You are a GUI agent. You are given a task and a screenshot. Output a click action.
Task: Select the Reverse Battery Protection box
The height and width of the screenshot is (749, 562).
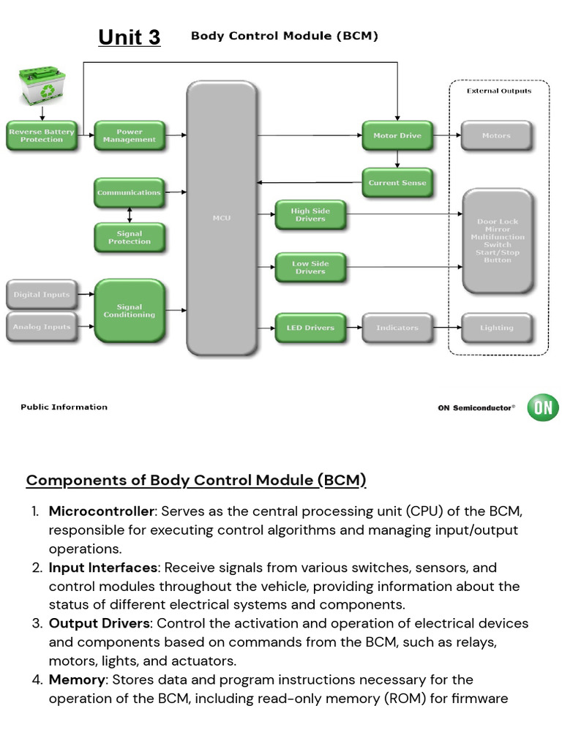pyautogui.click(x=42, y=135)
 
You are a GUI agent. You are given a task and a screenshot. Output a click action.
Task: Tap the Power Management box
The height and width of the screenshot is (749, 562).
pyautogui.click(x=130, y=135)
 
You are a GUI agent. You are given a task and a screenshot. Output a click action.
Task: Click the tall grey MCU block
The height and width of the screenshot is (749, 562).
pyautogui.click(x=222, y=217)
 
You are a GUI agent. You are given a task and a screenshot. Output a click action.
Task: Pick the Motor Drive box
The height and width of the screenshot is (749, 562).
pyautogui.click(x=397, y=135)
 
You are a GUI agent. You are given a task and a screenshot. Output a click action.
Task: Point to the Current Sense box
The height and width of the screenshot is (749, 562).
pyautogui.click(x=397, y=182)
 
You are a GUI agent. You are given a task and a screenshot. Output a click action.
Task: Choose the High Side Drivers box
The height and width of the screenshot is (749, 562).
pyautogui.click(x=310, y=214)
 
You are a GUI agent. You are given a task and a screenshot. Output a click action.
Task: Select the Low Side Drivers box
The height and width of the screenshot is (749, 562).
pyautogui.click(x=310, y=267)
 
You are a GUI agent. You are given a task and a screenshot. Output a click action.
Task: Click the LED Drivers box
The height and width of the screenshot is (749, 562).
pyautogui.click(x=310, y=328)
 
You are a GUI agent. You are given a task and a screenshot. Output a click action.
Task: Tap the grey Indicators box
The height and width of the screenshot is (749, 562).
pyautogui.click(x=397, y=328)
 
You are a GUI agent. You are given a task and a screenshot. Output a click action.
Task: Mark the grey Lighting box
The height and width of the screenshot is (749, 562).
pyautogui.click(x=497, y=328)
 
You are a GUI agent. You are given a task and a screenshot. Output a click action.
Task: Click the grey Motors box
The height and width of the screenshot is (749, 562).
pyautogui.click(x=497, y=135)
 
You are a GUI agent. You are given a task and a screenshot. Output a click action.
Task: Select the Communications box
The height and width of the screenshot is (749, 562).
pyautogui.click(x=129, y=192)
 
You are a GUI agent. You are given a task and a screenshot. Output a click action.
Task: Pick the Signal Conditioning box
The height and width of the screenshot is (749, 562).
pyautogui.click(x=130, y=311)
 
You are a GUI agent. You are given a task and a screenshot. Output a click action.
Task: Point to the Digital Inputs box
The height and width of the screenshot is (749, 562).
pyautogui.click(x=42, y=295)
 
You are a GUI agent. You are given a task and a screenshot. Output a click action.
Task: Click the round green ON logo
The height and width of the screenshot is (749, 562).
pyautogui.click(x=543, y=407)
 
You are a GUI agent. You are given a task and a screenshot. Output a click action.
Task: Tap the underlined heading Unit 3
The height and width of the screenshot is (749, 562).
pyautogui.click(x=130, y=37)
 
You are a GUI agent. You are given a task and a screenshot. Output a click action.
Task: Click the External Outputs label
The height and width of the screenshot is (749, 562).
pyautogui.click(x=499, y=91)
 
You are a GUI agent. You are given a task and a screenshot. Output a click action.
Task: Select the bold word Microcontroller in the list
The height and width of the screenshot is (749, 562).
pyautogui.click(x=102, y=511)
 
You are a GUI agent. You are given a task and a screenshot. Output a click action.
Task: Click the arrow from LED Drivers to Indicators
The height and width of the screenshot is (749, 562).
pyautogui.click(x=353, y=328)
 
